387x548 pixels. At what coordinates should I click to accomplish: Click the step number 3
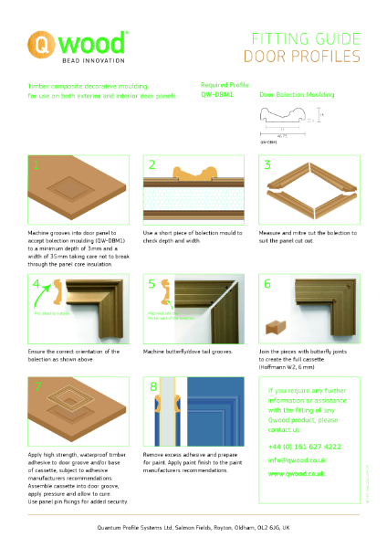[267, 166]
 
